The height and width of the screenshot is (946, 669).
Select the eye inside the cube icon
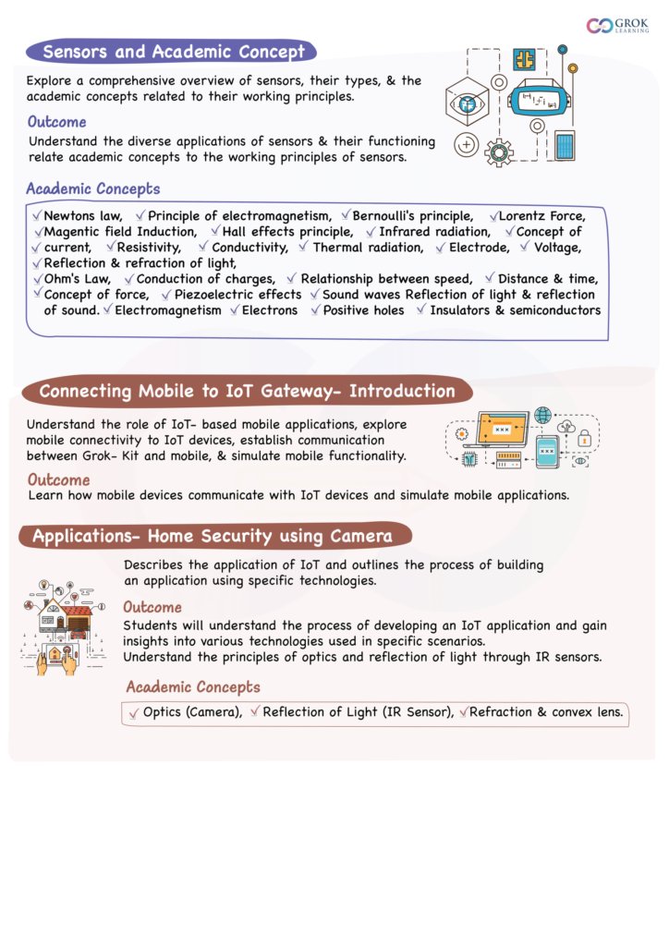pyautogui.click(x=467, y=101)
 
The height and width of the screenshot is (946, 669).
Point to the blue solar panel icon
pyautogui.click(x=564, y=145)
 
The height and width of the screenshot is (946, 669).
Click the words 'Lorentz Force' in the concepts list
pyautogui.click(x=541, y=216)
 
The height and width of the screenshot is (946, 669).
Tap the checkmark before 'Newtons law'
pyautogui.click(x=36, y=215)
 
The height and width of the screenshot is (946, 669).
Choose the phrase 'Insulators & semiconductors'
pyautogui.click(x=515, y=310)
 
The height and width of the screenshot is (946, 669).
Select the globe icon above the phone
pyautogui.click(x=542, y=416)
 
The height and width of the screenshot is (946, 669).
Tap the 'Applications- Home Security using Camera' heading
pyautogui.click(x=213, y=536)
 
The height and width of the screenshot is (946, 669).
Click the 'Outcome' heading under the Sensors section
pyautogui.click(x=57, y=122)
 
